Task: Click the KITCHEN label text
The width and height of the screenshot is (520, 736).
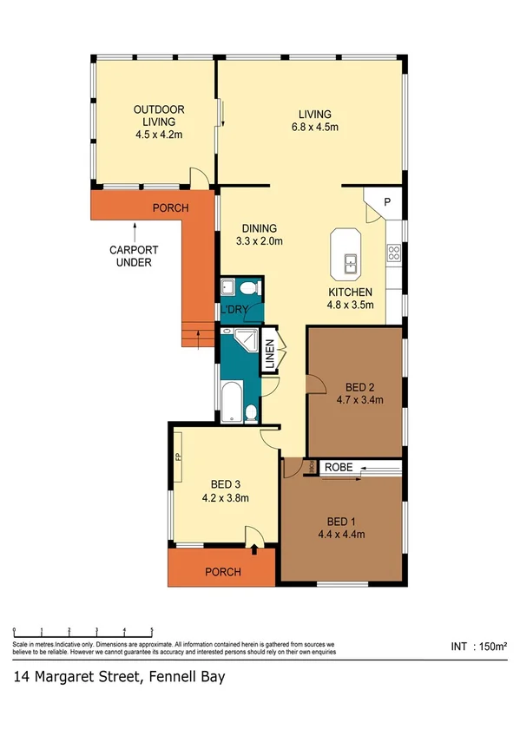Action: [350, 292]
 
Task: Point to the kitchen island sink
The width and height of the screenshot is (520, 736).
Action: [351, 260]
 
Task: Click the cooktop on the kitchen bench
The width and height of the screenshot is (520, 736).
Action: [393, 253]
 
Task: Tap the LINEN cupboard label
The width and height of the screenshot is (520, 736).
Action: [270, 356]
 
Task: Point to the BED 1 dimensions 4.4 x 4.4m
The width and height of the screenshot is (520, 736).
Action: [340, 535]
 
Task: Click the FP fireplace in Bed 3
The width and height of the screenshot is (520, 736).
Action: [177, 457]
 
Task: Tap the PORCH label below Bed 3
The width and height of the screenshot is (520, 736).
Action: [222, 572]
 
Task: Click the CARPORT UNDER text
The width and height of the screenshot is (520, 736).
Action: [133, 255]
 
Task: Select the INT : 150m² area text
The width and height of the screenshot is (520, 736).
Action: [479, 647]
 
